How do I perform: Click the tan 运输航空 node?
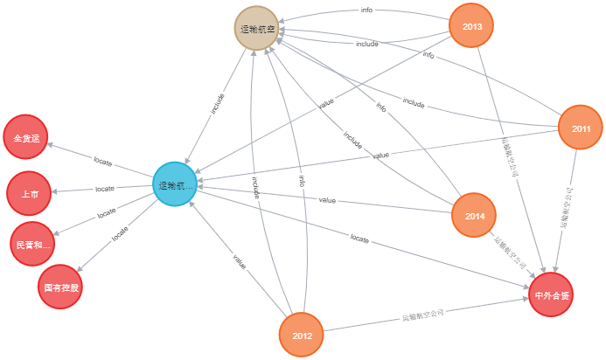[257, 28]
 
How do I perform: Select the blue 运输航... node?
[174, 185]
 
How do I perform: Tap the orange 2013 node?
[471, 26]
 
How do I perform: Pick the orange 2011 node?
[581, 128]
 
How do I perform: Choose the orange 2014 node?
[475, 216]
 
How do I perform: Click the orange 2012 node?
[302, 336]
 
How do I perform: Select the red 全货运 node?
[26, 138]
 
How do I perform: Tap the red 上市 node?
[29, 194]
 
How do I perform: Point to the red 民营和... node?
[33, 246]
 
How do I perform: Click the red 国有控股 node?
[60, 287]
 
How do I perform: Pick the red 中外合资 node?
[552, 295]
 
